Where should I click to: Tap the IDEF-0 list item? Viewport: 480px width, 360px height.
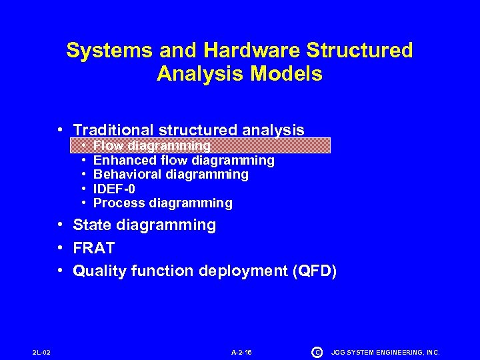115,189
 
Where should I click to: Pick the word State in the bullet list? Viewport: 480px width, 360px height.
93,225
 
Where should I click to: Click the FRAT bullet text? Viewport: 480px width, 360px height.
94,248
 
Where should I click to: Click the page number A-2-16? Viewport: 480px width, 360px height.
241,352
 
